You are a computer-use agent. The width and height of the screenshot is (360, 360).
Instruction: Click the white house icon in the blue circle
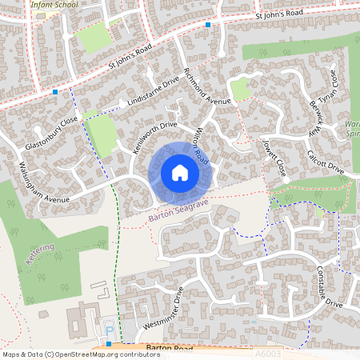point(179,173)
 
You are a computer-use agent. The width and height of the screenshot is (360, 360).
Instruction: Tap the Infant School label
point(54,4)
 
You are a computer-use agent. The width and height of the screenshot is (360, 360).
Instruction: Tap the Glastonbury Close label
point(51,134)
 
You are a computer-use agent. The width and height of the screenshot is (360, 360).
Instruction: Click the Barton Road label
point(170,349)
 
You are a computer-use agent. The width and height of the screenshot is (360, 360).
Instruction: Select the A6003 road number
point(268,354)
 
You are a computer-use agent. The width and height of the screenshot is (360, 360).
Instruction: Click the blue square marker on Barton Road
point(108,344)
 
